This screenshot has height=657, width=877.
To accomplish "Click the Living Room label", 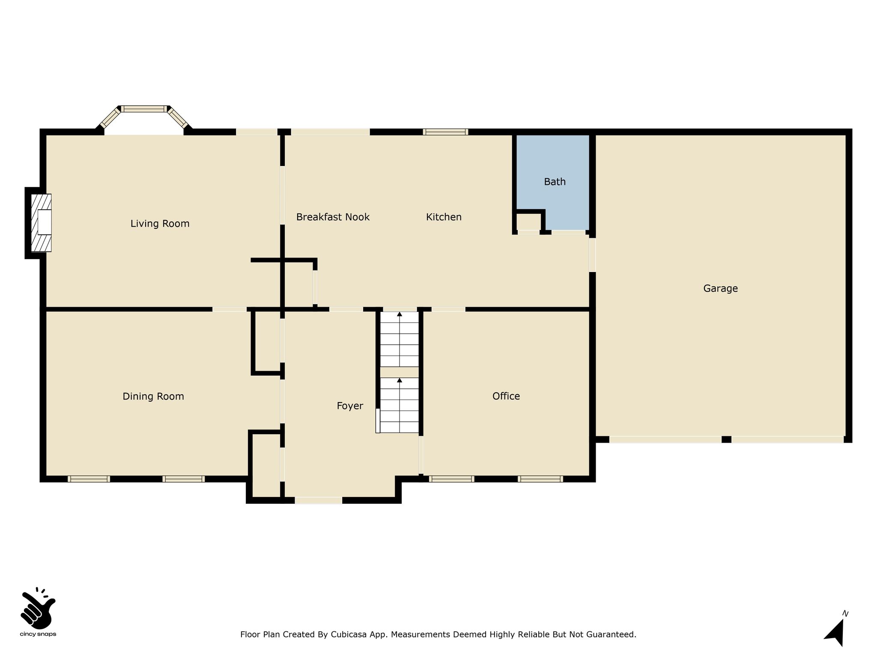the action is point(160,223).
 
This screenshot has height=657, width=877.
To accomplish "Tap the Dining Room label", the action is point(153,397).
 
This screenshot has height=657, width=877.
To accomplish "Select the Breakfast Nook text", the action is point(333,217).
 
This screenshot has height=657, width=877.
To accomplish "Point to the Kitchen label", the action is point(444,217).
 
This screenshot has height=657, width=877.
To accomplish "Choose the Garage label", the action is point(720,289).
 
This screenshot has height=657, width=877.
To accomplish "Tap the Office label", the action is point(506,396).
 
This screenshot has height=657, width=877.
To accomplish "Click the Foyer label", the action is point(350,406).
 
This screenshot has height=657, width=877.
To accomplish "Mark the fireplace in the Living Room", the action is point(42,223).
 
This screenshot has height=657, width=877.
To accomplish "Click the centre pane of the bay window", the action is point(144,109).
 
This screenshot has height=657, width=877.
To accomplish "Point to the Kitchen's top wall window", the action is point(445,132).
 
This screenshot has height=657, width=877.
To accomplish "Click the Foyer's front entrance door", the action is point(319,500).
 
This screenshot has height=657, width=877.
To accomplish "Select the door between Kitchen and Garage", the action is point(592,255).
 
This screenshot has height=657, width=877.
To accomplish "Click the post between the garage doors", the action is point(726,439).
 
